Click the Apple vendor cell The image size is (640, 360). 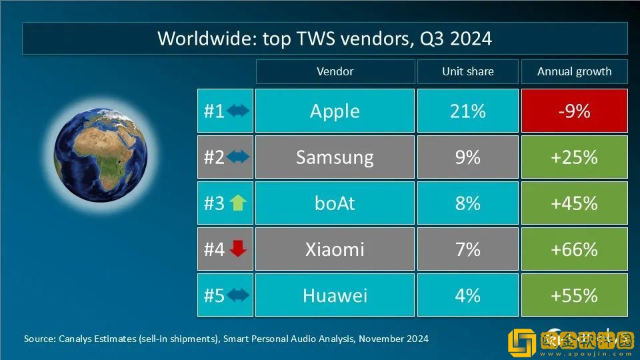[335, 111]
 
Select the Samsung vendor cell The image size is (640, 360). [335, 157]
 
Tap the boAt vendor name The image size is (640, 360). [335, 203]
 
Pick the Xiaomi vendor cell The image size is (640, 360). [335, 249]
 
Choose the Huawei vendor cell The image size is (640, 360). [335, 295]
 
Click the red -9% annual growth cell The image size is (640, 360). [574, 111]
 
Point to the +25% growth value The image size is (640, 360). [574, 157]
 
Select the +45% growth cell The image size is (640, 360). [574, 203]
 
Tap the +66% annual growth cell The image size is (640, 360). [574, 249]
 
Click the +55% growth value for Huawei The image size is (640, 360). [574, 295]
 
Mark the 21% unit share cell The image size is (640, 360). [467, 111]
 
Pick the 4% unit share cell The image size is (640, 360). [467, 295]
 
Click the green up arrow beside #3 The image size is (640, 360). [238, 203]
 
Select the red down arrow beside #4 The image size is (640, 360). [238, 249]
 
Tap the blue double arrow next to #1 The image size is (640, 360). [238, 111]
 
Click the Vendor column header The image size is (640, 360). [335, 71]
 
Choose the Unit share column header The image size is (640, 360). [467, 71]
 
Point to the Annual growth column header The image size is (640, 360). [574, 71]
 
